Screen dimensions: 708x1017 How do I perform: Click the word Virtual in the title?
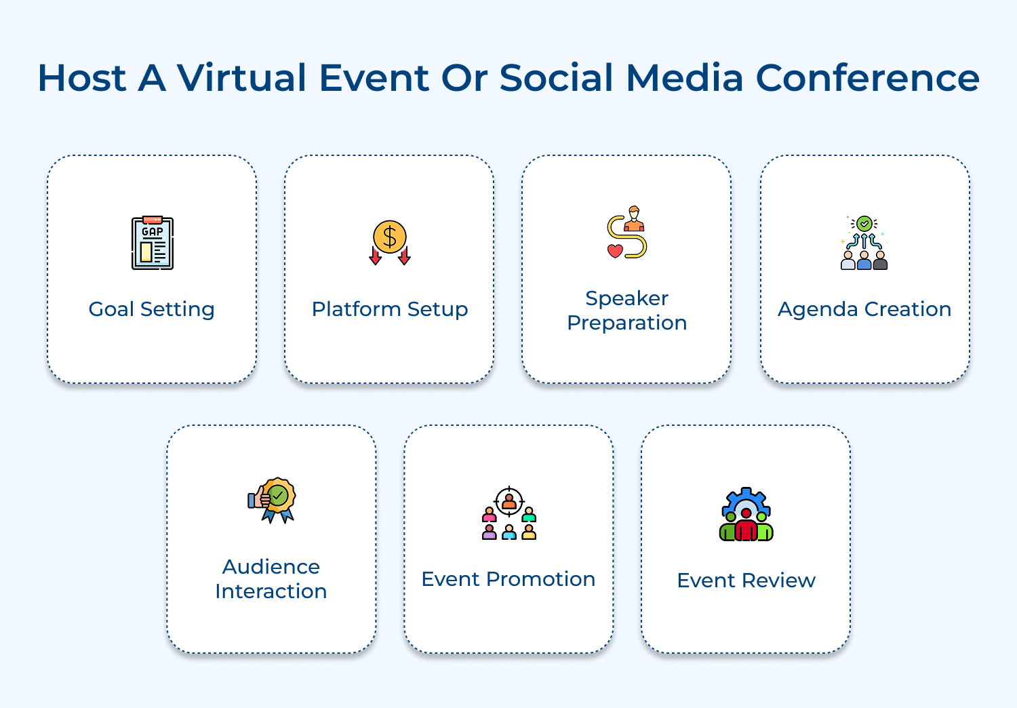coord(243,77)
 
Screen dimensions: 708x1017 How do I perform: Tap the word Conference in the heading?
coord(867,77)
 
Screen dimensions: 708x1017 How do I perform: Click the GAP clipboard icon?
coord(153,243)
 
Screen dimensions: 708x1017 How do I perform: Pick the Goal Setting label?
coord(152,309)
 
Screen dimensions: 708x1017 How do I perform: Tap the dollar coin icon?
coord(390,237)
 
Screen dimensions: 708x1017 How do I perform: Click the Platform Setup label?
coord(390,309)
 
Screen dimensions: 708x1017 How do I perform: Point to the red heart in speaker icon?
coord(615,251)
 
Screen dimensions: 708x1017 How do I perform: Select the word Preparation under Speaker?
coord(627,323)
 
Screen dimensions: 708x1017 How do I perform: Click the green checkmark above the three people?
coord(864,223)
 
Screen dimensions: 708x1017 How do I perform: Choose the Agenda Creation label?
coord(864,309)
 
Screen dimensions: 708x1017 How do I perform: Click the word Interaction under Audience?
coord(271,591)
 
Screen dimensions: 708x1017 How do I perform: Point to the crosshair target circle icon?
coord(509,503)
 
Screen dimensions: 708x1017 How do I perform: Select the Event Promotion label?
coord(509,579)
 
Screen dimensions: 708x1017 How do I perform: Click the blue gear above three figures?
coord(746,502)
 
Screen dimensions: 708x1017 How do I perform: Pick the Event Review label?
coord(746,581)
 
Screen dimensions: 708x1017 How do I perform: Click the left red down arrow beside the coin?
coord(375,256)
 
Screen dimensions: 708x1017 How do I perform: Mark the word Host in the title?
coord(82,77)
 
